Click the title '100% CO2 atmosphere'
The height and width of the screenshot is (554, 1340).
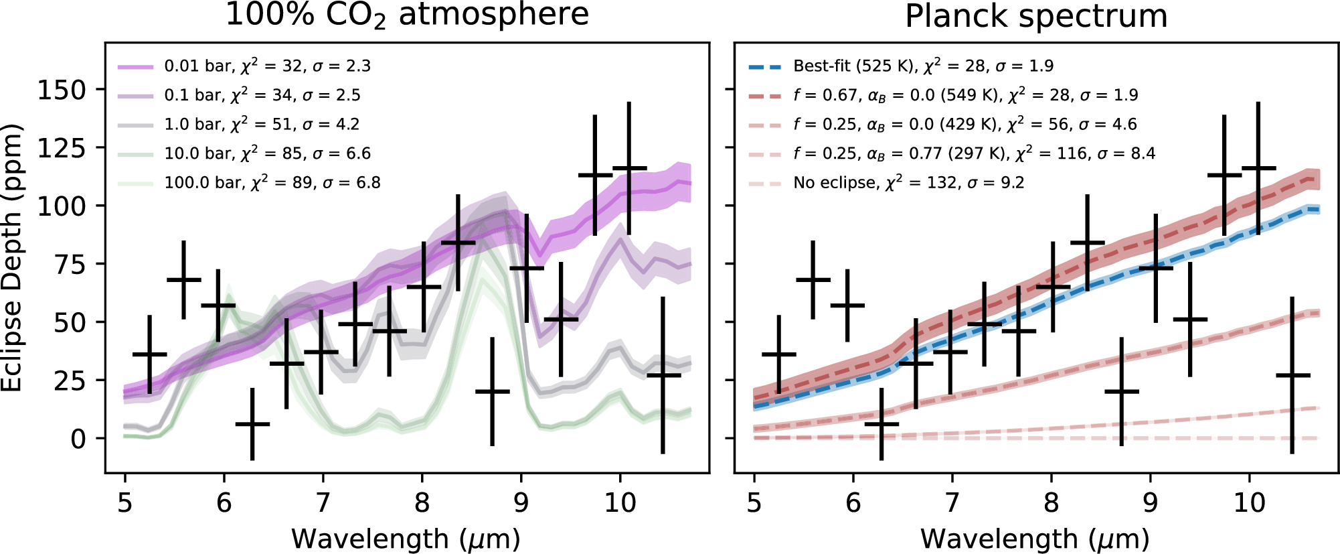407,15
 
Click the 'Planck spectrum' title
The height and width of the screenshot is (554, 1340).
1035,16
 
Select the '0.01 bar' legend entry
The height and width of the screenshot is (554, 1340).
200,66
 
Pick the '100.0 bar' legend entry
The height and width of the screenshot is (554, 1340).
206,183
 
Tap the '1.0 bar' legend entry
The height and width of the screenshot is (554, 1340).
196,125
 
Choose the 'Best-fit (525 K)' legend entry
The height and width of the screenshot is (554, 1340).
854,66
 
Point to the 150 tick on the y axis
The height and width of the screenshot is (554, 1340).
62,90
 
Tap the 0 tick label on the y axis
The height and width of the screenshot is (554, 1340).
78,439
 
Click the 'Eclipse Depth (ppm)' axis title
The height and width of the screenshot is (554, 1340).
13,259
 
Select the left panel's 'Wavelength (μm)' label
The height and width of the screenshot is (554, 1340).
406,539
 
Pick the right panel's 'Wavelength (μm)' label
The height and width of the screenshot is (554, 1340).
1035,539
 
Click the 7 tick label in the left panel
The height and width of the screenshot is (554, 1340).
323,502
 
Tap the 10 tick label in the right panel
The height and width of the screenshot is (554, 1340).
1249,502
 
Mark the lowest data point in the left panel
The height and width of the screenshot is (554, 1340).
252,424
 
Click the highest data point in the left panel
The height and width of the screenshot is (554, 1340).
629,168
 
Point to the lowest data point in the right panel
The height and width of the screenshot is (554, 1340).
882,424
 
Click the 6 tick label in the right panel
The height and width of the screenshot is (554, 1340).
853,502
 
